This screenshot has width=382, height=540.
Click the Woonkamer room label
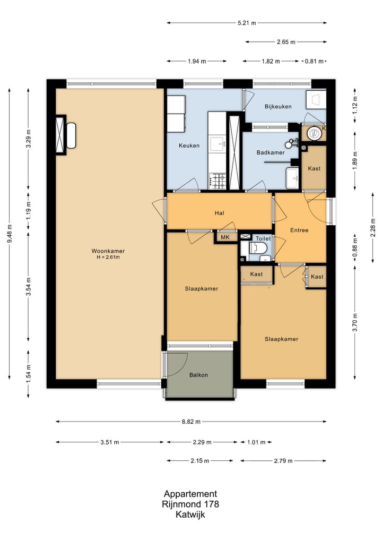tap(108, 251)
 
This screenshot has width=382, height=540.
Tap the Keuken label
tap(189, 145)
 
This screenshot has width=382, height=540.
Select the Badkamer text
tap(271, 152)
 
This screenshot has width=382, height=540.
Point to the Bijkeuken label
tap(278, 107)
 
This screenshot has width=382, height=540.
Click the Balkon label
tap(198, 375)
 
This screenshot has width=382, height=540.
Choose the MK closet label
tap(225, 237)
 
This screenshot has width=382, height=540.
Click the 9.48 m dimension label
tap(10, 234)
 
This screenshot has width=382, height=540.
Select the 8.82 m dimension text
tap(191, 422)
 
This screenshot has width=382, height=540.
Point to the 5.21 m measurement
tap(247, 23)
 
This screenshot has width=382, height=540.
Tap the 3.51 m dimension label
tap(110, 442)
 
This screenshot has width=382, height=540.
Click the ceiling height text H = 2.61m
tap(108, 258)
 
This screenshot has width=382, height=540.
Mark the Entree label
tap(299, 230)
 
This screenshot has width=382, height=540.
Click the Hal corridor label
tap(219, 213)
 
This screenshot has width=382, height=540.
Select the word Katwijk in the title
tap(190, 515)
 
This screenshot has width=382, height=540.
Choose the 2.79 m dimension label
tap(283, 461)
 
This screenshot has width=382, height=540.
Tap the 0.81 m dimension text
tap(314, 61)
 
